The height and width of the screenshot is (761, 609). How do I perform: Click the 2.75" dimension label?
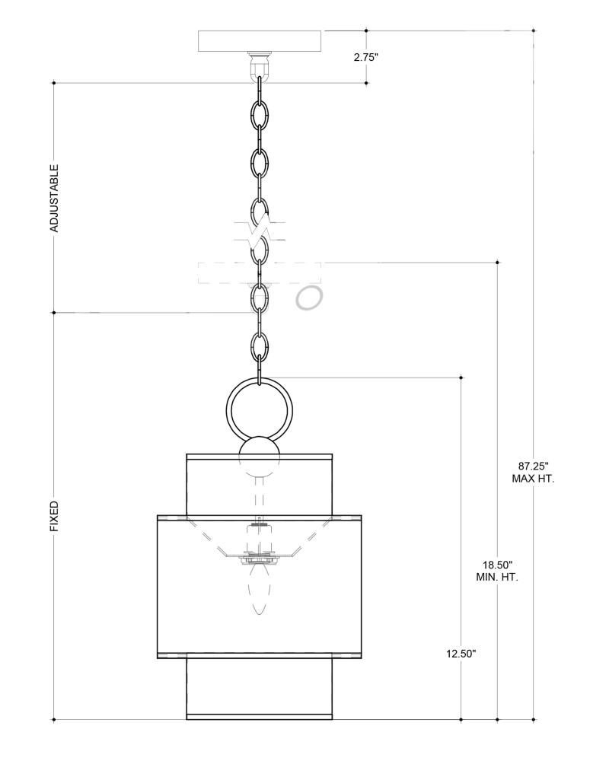point(365,57)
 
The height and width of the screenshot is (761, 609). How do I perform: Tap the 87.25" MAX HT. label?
point(533,473)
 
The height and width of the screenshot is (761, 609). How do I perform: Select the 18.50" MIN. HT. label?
point(497,572)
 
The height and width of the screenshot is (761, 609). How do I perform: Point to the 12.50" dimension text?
point(461,654)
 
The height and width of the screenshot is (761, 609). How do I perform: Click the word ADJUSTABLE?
point(55,198)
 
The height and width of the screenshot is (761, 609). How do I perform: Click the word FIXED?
point(55,517)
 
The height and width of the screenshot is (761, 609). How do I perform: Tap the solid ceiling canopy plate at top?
point(260,41)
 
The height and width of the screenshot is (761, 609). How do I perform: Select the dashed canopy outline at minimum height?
point(260,272)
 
